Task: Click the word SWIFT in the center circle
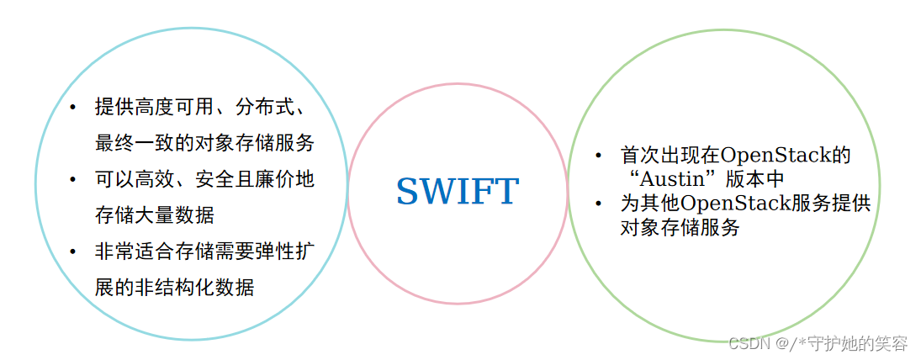[458, 192]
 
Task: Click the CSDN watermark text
[744, 343]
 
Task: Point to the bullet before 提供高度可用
[72, 108]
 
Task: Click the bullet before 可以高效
[72, 180]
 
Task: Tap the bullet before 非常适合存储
[72, 252]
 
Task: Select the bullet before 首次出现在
[597, 156]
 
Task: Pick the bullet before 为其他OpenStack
[597, 203]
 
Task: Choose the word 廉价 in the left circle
[274, 180]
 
